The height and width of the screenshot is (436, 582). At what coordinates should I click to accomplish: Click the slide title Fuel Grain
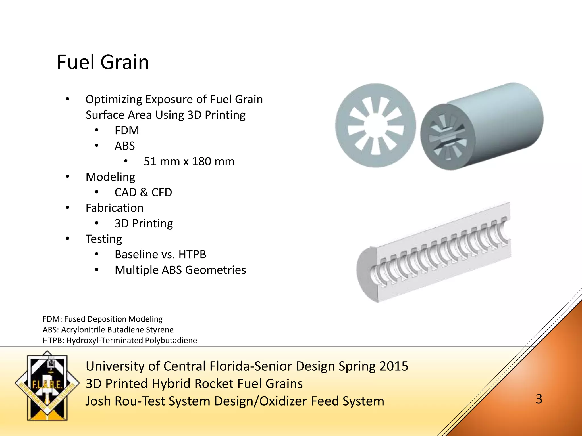click(103, 62)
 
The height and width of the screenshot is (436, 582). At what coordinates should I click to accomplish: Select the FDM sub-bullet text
click(127, 131)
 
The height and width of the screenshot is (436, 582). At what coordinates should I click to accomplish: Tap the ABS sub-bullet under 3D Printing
click(124, 146)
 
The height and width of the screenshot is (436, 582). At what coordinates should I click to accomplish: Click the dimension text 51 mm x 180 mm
click(189, 162)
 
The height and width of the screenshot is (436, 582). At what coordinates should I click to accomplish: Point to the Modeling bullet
click(110, 177)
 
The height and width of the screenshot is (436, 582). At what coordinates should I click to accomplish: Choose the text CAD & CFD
click(143, 192)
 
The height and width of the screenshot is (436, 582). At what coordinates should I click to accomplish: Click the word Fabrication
click(115, 208)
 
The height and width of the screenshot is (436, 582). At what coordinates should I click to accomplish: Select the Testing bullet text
click(104, 239)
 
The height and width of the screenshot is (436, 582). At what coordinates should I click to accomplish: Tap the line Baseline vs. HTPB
click(160, 255)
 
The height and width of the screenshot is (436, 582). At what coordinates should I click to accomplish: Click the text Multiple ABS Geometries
click(180, 270)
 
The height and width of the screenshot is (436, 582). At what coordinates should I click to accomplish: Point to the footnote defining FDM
click(102, 319)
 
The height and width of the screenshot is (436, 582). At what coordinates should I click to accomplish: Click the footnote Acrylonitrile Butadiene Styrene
click(117, 330)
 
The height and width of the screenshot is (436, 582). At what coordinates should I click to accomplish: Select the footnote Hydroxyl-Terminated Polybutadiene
click(131, 340)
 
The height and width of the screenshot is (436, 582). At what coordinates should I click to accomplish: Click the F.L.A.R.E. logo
click(47, 385)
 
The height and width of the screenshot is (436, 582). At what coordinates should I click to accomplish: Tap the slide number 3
click(539, 399)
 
